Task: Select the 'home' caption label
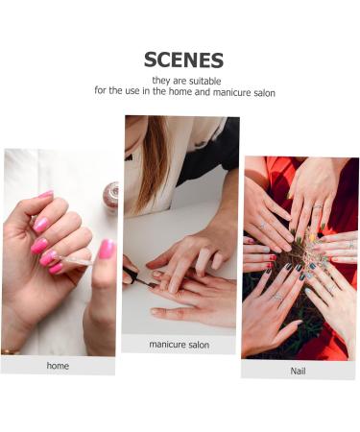pyautogui.click(x=58, y=366)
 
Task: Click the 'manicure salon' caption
pyautogui.click(x=180, y=344)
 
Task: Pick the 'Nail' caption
pyautogui.click(x=298, y=370)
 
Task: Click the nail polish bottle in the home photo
pyautogui.click(x=111, y=197)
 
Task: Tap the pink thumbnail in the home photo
pyautogui.click(x=107, y=250)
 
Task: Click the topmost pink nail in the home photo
pyautogui.click(x=45, y=196)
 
